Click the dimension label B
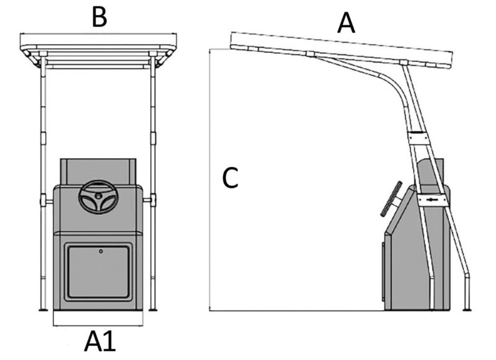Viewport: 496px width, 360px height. click(x=99, y=17)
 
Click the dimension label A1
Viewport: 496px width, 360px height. click(x=100, y=341)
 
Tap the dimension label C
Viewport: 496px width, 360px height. click(x=230, y=178)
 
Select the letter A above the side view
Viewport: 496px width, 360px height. click(x=346, y=23)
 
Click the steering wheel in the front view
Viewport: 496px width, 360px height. click(x=97, y=198)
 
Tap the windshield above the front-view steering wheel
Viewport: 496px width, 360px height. click(x=97, y=170)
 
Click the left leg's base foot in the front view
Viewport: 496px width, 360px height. click(x=42, y=309)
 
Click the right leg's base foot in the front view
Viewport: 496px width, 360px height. click(x=153, y=309)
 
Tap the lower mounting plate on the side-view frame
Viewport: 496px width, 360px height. click(x=433, y=201)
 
